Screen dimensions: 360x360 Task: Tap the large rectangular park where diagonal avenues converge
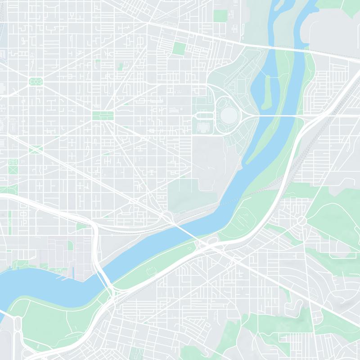point(103,116)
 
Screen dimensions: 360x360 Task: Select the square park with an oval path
point(36,81)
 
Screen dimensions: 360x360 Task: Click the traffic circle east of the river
point(301,220)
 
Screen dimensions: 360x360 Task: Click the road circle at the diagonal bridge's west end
point(167,216)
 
